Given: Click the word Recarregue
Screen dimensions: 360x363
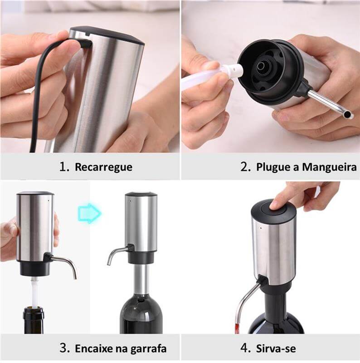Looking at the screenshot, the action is [x=103, y=167].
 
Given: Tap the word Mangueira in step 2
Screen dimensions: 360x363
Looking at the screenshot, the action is [x=329, y=167].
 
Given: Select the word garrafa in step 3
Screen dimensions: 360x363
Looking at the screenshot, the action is [x=147, y=348].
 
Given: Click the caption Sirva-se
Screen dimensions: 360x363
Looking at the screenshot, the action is [x=276, y=348].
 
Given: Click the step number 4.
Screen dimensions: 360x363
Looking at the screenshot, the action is [x=245, y=348].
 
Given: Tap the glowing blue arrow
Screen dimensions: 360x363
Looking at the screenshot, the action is [x=89, y=212].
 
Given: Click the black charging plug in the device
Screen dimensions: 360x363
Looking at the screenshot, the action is [x=85, y=43].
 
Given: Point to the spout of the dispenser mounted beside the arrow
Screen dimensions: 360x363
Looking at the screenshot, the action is [x=115, y=254].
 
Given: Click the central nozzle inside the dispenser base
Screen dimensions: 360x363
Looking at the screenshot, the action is [x=262, y=66].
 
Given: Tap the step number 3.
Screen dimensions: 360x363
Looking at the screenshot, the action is [x=64, y=348].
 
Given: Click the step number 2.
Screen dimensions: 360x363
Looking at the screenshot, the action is [x=245, y=167].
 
